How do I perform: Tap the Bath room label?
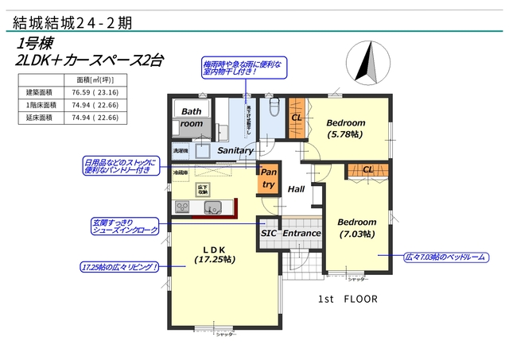[192, 118]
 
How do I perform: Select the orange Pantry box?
[269, 179]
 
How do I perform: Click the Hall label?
[297, 189]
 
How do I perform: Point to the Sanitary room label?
[235, 150]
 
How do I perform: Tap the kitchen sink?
[212, 208]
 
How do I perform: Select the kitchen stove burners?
[181, 208]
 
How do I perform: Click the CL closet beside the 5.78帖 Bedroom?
[296, 118]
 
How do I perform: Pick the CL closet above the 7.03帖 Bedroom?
[368, 170]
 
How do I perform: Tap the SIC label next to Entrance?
[269, 233]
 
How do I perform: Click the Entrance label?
[302, 233]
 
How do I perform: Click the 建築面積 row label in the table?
[39, 92]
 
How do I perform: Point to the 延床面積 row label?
[39, 118]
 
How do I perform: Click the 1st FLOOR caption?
[348, 300]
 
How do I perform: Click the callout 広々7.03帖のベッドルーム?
[445, 257]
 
